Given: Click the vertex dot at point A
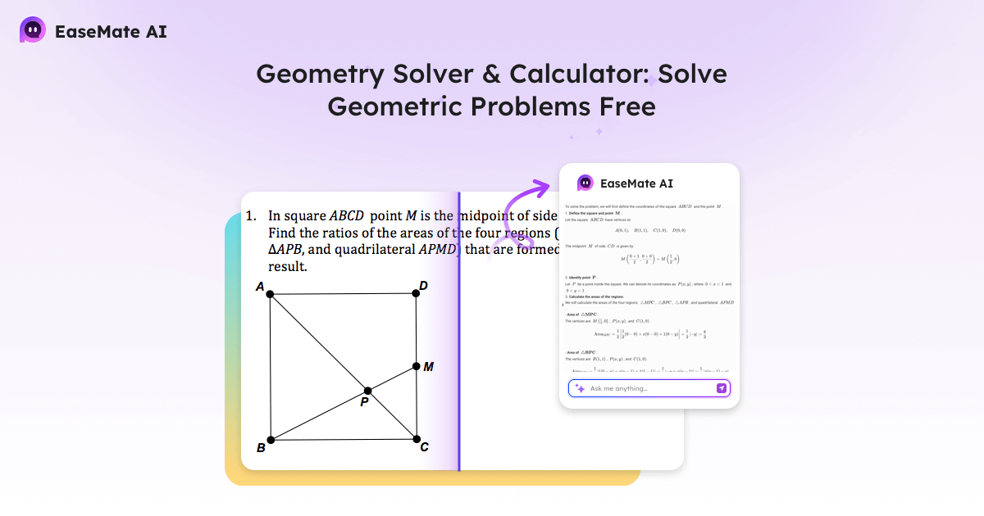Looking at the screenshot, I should [x=271, y=293].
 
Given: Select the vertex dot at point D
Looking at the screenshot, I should [x=416, y=293].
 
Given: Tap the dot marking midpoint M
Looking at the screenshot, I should [x=416, y=366].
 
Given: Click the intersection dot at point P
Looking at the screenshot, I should [x=367, y=391].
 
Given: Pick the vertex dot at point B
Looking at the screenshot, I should [x=271, y=440].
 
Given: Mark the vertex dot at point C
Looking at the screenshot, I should [x=416, y=440].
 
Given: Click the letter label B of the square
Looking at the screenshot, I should [x=261, y=448].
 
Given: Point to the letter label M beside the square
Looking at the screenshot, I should [x=428, y=367].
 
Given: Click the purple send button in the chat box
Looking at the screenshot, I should [x=722, y=388].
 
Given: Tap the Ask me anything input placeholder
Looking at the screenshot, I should [x=619, y=388].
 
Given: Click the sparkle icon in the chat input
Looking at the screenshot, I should [x=580, y=388].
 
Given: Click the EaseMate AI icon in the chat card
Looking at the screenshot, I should [x=585, y=183].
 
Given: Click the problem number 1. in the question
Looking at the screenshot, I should [x=252, y=216].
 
